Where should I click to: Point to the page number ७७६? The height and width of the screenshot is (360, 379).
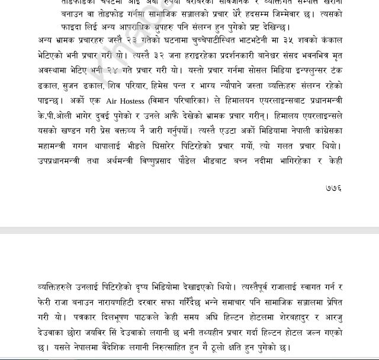[x=334, y=188]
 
